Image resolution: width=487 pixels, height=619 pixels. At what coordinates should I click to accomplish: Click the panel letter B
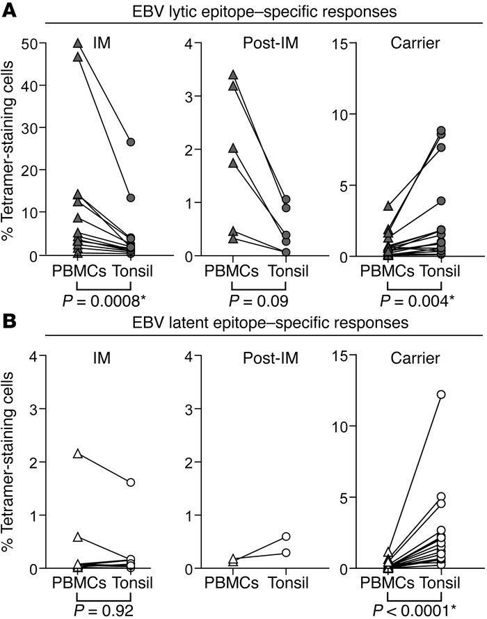[x=10, y=323]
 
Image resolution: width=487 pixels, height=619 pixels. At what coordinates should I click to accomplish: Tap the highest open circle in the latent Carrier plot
[x=440, y=394]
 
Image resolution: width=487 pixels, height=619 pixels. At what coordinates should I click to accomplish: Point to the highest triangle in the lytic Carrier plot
[x=390, y=206]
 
